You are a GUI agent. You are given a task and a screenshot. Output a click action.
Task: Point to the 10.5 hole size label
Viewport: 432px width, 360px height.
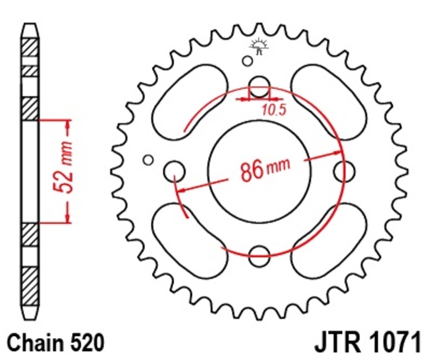273,110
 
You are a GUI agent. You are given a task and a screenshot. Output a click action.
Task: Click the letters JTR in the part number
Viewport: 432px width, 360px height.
336,343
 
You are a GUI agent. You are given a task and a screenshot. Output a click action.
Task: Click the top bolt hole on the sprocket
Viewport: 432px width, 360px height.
259,85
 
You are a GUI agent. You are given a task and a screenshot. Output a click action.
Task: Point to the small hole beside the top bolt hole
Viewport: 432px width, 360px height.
247,61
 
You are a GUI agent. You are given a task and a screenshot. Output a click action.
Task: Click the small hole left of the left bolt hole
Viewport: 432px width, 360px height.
147,159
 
